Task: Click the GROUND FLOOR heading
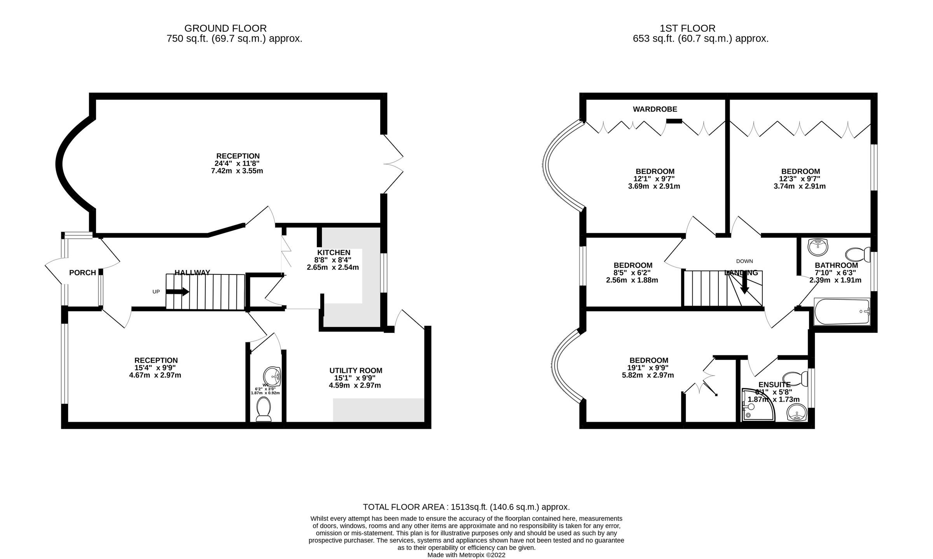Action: click(x=225, y=28)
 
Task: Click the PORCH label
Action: click(x=82, y=273)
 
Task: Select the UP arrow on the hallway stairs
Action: click(x=178, y=292)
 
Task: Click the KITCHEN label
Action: click(x=334, y=253)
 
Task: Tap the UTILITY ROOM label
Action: click(x=356, y=370)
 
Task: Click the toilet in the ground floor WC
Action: click(x=264, y=409)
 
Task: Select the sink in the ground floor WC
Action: click(x=272, y=376)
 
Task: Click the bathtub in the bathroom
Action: click(x=842, y=312)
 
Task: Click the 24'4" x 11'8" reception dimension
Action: click(x=237, y=164)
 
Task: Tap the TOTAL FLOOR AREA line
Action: click(x=466, y=507)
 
